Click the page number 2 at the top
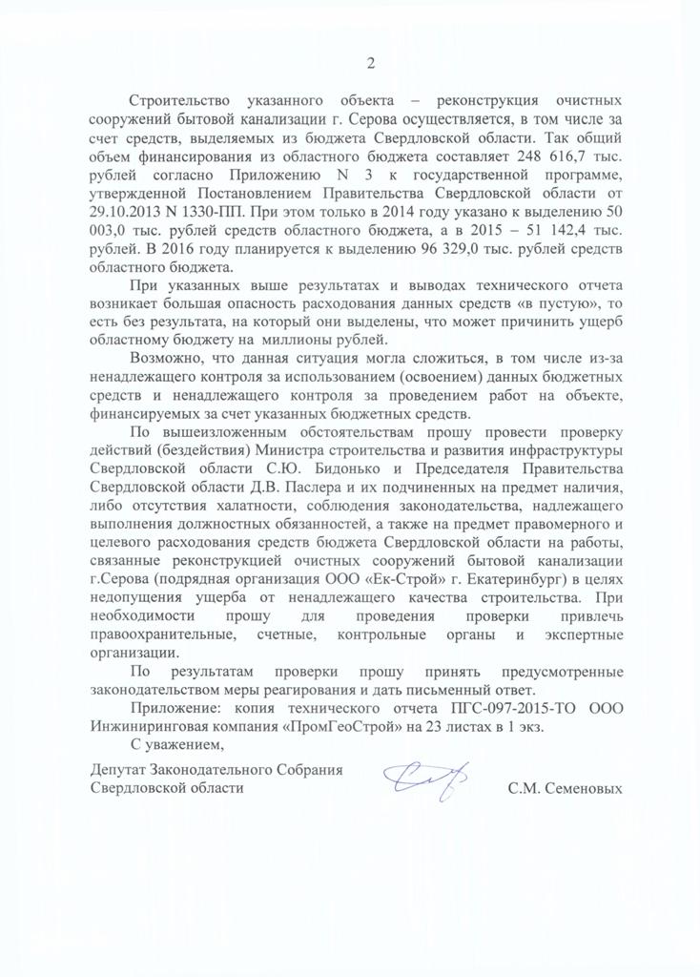pos(370,63)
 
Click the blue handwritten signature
pos(426,782)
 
